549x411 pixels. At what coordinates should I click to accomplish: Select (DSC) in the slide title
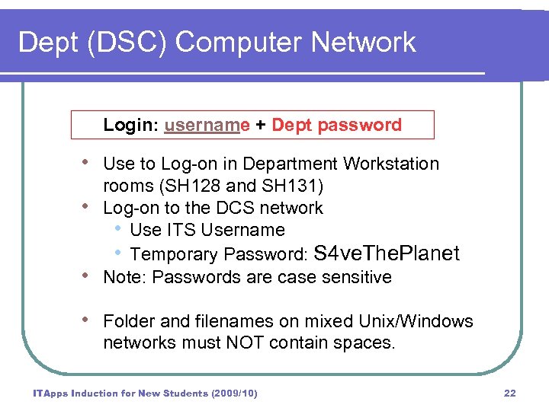pos(109,43)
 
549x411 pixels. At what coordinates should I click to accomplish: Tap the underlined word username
pos(207,126)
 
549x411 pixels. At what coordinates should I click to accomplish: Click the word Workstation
pos(391,164)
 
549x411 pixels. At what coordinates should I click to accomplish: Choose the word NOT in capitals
pos(244,343)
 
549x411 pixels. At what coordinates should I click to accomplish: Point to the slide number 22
pos(510,393)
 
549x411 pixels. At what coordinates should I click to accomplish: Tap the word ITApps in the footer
pos(50,393)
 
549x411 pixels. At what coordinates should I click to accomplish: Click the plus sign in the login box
pos(261,126)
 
